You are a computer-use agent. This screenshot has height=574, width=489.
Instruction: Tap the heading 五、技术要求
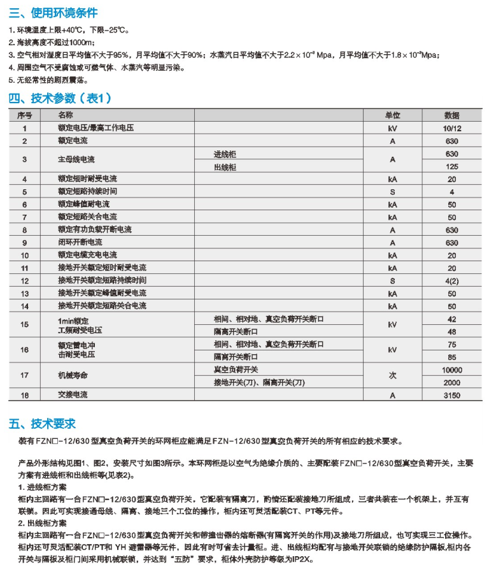coord(42,424)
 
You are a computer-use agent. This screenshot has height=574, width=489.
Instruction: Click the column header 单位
coord(392,115)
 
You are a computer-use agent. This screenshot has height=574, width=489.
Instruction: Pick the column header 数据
coord(451,115)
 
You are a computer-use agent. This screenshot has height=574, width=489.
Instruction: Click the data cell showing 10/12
coord(451,128)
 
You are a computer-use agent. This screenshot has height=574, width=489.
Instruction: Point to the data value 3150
coord(451,396)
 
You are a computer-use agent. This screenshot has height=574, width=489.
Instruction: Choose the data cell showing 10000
coord(451,370)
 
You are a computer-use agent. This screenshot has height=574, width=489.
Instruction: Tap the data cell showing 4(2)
coord(451,280)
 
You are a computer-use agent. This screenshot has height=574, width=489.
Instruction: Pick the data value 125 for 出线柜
coord(451,167)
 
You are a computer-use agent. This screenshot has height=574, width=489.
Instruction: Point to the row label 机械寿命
coord(72,376)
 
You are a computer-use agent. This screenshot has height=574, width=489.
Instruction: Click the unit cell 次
coord(392,376)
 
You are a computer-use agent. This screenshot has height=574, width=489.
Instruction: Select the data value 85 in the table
coord(451,357)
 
